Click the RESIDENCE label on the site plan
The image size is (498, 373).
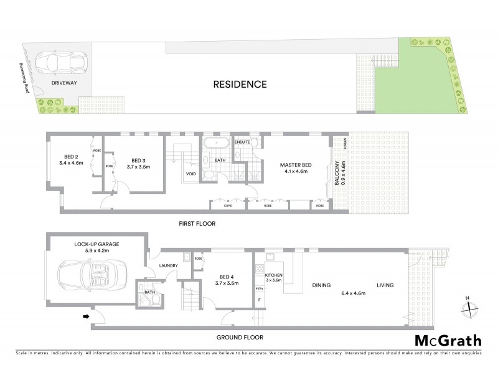point(240,84)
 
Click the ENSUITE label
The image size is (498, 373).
point(243,142)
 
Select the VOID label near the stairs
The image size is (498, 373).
point(191,174)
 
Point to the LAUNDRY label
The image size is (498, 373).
point(169,266)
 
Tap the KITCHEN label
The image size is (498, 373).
point(274,275)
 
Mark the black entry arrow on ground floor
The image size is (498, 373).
point(85,317)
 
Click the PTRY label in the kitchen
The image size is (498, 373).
point(259,289)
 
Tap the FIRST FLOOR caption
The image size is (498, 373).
point(197,223)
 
